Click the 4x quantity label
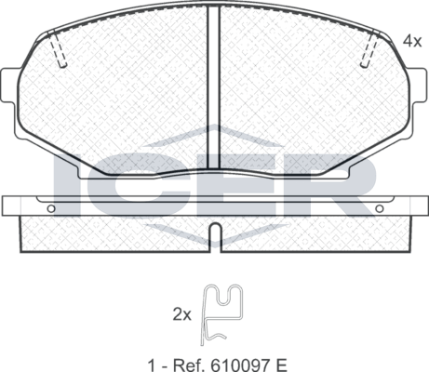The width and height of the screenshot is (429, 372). point(410,41)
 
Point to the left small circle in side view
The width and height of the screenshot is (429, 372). point(51,208)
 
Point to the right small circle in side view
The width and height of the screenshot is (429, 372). point(377,208)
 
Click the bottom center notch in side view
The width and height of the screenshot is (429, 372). point(214,234)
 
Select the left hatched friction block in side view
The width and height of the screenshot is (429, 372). point(112,232)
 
